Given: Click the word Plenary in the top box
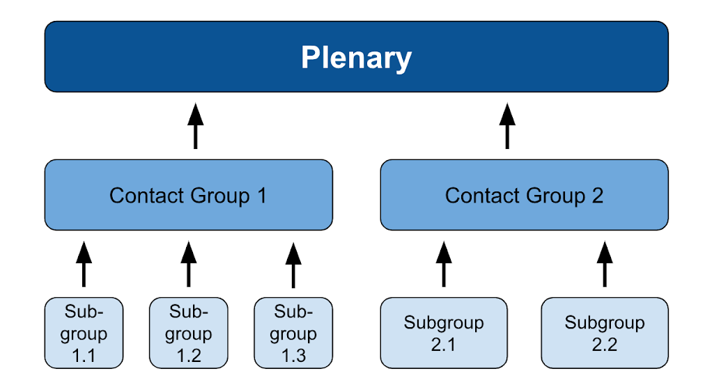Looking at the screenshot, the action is [x=356, y=58].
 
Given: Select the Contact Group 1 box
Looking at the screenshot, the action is [x=188, y=195].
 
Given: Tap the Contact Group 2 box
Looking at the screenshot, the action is [x=524, y=195].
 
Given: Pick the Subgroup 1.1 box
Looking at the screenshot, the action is [x=84, y=333].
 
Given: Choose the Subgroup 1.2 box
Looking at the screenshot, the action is [x=188, y=333].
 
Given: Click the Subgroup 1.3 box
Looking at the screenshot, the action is [x=293, y=333].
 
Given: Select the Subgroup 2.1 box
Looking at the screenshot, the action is [x=444, y=333].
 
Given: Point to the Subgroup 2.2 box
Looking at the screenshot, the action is [x=605, y=333].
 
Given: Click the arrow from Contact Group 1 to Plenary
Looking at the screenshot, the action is [x=195, y=126].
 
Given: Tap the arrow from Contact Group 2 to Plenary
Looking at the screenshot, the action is [x=507, y=126].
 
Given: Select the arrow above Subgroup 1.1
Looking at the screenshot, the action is [x=84, y=264].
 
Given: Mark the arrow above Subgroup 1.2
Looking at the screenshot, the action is [x=188, y=264].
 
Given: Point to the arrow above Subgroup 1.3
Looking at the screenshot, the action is [x=293, y=265].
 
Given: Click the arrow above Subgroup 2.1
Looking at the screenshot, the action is [x=444, y=264].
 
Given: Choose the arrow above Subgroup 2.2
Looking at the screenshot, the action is [x=605, y=264].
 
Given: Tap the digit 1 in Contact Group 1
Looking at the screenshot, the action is [x=261, y=196].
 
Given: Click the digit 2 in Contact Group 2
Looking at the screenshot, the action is [x=598, y=196].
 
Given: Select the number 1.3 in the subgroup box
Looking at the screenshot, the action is [x=293, y=355].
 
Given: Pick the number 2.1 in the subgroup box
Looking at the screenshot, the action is [x=443, y=345].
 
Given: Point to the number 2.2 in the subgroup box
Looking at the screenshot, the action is [x=605, y=345].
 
